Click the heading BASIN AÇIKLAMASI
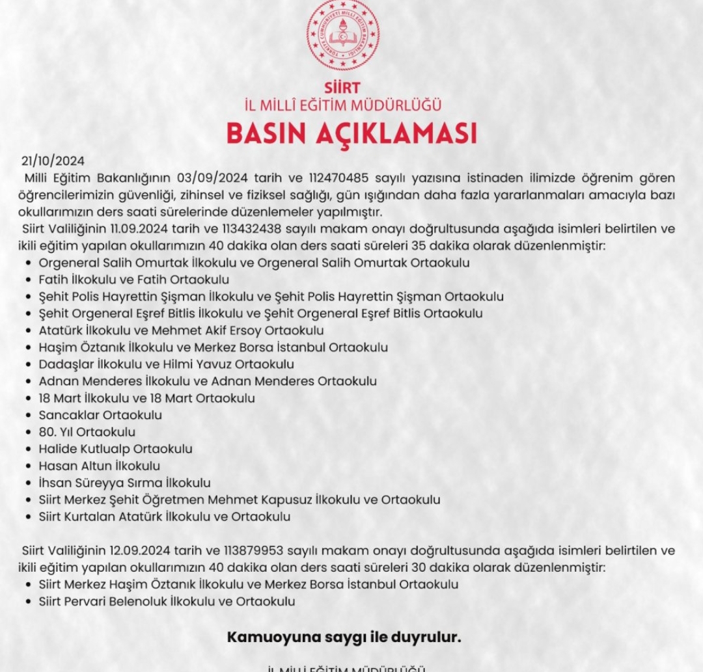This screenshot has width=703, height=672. pos(351,133)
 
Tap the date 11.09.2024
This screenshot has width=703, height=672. pos(141,229)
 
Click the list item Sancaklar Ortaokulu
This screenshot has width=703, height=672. pos(100,415)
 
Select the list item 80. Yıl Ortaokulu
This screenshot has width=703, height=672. pos(87,432)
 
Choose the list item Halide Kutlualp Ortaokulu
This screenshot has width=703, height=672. pos(115,449)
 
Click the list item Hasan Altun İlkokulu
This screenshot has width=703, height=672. pos(99,466)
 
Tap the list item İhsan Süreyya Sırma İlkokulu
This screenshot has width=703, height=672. pos(124,483)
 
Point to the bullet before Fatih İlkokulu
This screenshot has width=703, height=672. pos(29,280)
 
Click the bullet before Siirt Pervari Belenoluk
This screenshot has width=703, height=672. pos(29,602)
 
